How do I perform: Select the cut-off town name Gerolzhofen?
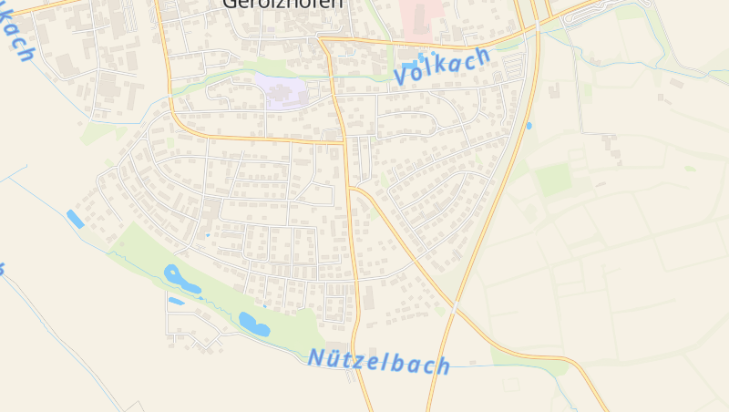coord(282,5)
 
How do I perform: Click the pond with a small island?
coord(181,279)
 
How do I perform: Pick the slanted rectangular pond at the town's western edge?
coord(75,219)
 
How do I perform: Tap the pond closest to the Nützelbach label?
coord(253,324)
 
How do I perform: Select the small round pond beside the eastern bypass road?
coord(529,125)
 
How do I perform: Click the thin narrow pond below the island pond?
coord(176,301)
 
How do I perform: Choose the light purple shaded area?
coord(284,92)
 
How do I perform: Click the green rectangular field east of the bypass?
coord(552,180)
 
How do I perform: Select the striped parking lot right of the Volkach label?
coord(513,66)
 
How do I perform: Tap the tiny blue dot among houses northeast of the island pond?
coord(208,235)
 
